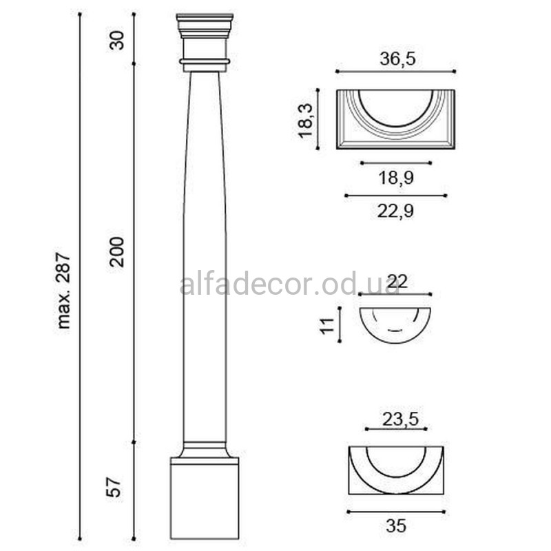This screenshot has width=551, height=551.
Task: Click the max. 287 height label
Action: pyautogui.click(x=64, y=290)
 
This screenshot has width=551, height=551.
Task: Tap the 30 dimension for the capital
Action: pyautogui.click(x=117, y=41)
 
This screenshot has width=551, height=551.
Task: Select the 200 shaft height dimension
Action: pyautogui.click(x=117, y=252)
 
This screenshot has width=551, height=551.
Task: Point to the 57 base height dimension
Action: pyautogui.click(x=114, y=487)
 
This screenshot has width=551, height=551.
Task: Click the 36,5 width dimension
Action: pyautogui.click(x=397, y=59)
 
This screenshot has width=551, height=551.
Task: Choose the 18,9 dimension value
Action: pyautogui.click(x=396, y=178)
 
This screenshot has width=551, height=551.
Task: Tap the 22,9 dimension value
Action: pyautogui.click(x=395, y=211)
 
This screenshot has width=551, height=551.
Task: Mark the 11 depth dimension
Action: pyautogui.click(x=328, y=325)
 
